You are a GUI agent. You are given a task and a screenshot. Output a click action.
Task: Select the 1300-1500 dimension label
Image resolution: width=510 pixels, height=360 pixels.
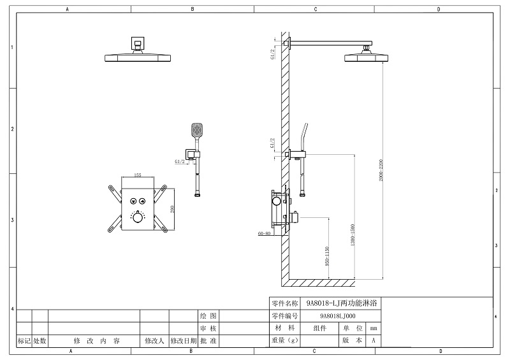[x=353, y=236]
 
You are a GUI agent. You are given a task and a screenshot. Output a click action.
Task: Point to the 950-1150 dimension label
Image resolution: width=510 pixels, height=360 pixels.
[x=326, y=256]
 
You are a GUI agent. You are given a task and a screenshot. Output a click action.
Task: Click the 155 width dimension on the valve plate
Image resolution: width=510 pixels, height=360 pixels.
[x=137, y=176]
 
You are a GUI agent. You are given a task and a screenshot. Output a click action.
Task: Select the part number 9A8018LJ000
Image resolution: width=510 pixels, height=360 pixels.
[x=338, y=315]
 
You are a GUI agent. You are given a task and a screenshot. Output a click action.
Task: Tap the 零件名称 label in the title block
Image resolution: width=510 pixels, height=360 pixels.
[x=285, y=303]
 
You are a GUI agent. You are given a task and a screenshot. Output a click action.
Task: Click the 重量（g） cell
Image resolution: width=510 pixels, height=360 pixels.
[x=285, y=340]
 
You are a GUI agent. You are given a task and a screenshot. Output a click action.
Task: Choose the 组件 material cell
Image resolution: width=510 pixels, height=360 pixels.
[x=319, y=328]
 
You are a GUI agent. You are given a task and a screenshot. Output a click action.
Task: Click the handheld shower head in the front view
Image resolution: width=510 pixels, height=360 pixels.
[x=196, y=131]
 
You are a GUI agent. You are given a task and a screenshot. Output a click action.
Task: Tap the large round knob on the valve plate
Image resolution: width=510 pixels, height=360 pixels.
[x=138, y=217]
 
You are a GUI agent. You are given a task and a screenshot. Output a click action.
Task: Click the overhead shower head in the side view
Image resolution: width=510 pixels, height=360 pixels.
[x=365, y=57]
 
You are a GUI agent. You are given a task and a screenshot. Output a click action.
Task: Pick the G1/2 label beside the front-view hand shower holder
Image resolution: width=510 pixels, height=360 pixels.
[x=180, y=162]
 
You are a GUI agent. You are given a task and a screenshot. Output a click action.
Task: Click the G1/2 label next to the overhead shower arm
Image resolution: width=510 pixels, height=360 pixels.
[x=273, y=55]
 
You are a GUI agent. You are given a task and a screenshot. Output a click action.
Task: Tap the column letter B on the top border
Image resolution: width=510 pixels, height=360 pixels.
[x=192, y=10]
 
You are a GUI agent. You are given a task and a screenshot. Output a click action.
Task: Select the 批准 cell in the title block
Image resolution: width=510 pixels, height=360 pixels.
[x=208, y=341]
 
